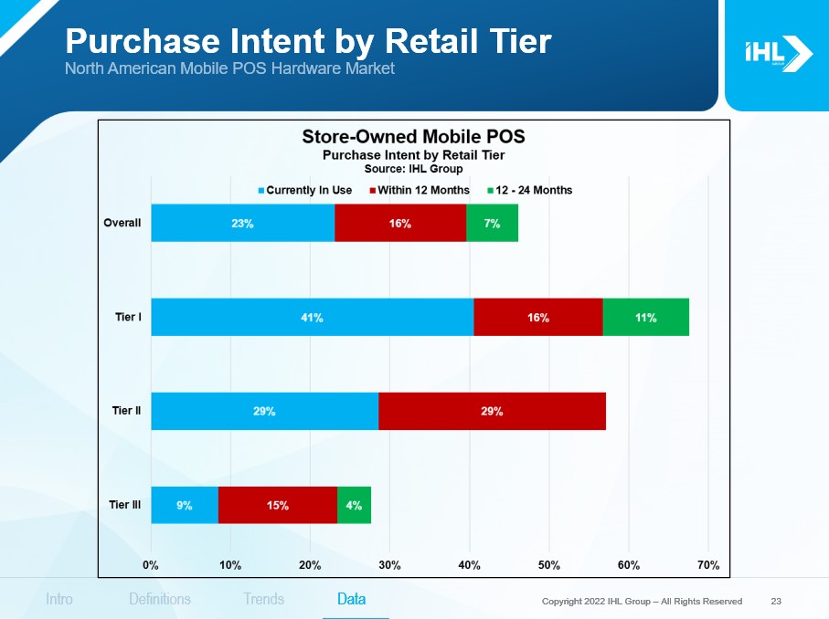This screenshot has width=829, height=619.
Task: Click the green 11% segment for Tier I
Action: (x=645, y=318)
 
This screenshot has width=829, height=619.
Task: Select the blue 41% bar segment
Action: (x=313, y=318)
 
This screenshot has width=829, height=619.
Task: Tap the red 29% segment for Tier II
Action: (x=492, y=412)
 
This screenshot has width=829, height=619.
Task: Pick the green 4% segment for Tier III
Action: (x=354, y=505)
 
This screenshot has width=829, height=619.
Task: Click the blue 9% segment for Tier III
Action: (x=185, y=505)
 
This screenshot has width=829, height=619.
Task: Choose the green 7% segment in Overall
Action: (x=492, y=224)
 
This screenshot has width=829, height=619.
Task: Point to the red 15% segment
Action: (x=278, y=505)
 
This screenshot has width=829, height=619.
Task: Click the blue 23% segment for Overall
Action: (x=242, y=224)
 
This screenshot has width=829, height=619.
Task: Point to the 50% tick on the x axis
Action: (x=549, y=565)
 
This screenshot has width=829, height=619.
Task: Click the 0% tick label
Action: (x=151, y=565)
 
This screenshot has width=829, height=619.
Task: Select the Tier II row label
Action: (x=127, y=412)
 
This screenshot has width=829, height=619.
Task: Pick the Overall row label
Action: (x=122, y=224)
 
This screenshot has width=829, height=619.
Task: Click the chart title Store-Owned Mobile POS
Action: (x=413, y=137)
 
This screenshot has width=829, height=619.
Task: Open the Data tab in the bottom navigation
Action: (x=352, y=600)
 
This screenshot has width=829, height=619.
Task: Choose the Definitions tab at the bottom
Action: (x=160, y=600)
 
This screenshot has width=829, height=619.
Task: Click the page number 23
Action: (x=776, y=601)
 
